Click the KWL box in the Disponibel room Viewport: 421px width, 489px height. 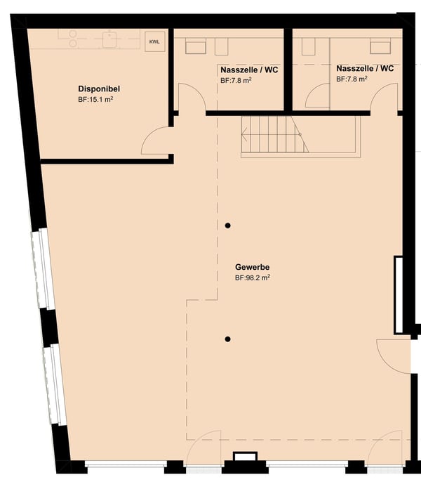coord(155,41)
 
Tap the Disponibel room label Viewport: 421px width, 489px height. coord(99,89)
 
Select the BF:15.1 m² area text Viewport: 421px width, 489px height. coord(95,100)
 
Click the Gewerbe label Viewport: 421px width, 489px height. coord(252,267)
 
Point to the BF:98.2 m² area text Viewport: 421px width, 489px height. coord(253,278)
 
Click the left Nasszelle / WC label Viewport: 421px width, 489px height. coord(249,70)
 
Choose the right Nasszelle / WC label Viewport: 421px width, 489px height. coord(365,68)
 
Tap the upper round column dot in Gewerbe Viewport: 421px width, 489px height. coord(228,226)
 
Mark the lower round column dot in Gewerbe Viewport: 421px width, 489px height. coord(228,339)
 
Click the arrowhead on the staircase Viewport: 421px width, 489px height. coord(245,135)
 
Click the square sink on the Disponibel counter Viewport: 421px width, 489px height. coord(109,39)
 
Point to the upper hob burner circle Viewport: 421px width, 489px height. coord(73,34)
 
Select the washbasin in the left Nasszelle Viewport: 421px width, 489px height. coord(196,46)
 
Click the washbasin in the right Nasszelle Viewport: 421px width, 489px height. coord(380,46)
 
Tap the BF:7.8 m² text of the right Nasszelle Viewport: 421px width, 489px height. coord(352,79)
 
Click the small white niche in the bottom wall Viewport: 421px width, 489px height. coord(246,457)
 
